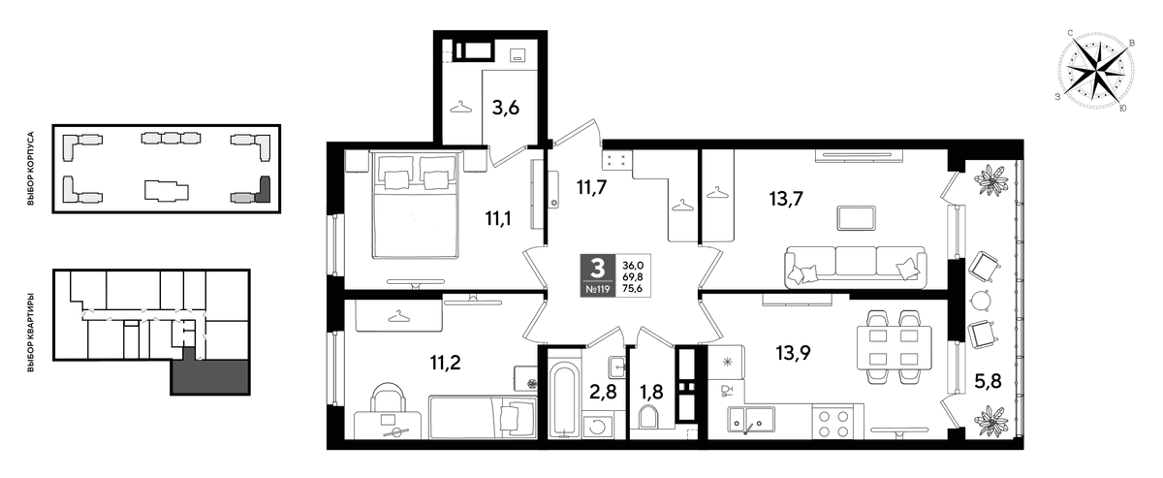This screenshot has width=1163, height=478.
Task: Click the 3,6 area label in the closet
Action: tap(506, 109)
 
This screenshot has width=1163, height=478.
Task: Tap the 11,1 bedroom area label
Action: tap(498, 219)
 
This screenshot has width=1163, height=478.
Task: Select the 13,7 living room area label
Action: tap(786, 199)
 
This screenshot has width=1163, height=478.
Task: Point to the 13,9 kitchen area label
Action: tap(793, 353)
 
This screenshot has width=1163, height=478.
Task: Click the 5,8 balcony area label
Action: tap(987, 381)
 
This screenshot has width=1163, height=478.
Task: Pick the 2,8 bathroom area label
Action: tap(603, 392)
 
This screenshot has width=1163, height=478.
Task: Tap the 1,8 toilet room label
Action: tap(650, 392)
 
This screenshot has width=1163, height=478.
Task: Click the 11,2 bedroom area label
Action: tap(445, 363)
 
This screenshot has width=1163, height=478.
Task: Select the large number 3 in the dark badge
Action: tap(598, 269)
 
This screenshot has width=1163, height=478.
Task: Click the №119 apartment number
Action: tap(598, 289)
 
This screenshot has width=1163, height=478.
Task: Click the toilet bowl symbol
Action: tap(649, 417)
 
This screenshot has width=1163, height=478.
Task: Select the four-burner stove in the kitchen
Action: tap(830, 423)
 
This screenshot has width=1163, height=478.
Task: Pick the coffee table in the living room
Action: tap(856, 218)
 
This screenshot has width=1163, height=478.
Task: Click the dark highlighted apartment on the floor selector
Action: tap(210, 372)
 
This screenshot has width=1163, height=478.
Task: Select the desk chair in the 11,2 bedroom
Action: tap(388, 398)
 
